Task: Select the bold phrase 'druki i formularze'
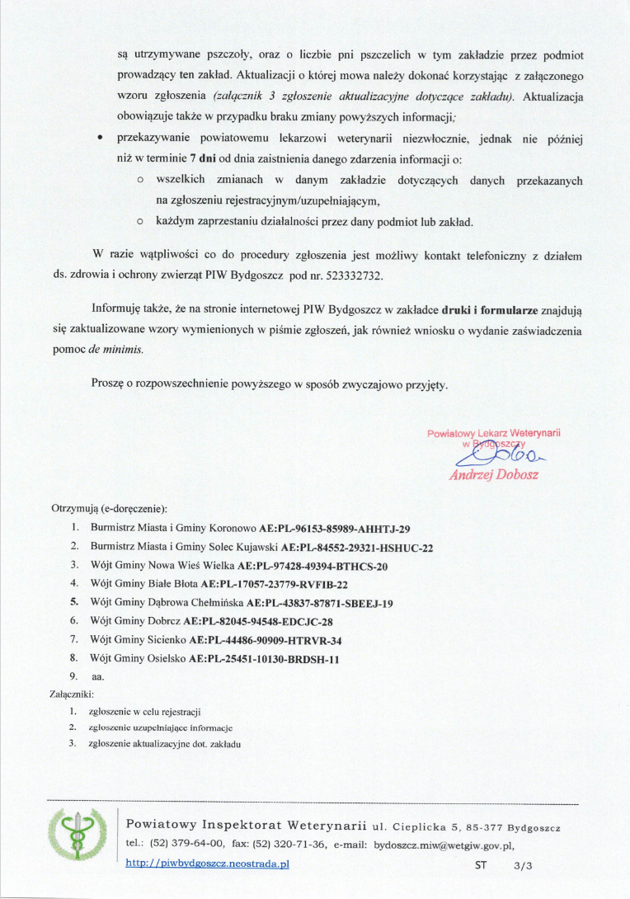click(489, 311)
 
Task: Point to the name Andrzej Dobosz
click(494, 475)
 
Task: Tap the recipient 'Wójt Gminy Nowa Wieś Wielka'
click(162, 566)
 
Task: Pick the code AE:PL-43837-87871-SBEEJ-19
click(313, 603)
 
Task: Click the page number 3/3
click(523, 866)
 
